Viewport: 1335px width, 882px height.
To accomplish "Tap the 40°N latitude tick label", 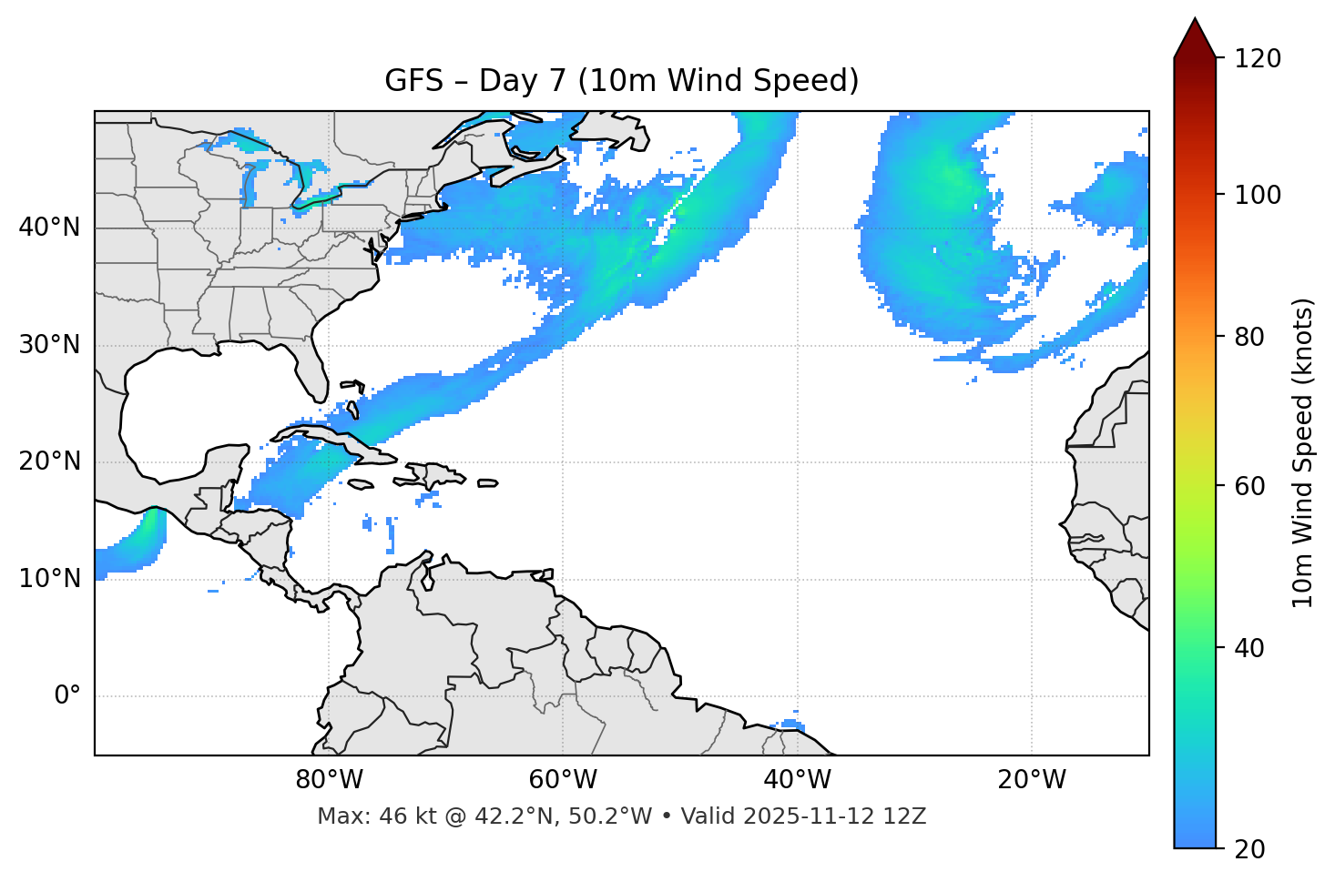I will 49,228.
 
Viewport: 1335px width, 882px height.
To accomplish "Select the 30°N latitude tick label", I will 49,345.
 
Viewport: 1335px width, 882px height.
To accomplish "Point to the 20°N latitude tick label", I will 49,461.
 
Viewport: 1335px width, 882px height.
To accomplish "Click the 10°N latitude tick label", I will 49,579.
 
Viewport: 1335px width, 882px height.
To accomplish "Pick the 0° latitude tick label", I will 67,696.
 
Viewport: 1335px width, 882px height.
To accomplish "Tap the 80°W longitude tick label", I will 329,780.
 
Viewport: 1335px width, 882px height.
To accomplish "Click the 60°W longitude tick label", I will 563,780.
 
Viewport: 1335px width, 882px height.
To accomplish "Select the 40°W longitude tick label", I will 797,780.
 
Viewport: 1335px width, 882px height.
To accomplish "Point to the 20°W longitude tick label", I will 1031,780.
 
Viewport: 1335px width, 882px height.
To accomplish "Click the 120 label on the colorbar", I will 1258,59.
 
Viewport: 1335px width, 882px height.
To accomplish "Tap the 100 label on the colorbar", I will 1258,195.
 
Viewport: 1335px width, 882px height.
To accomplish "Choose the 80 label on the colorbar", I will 1249,337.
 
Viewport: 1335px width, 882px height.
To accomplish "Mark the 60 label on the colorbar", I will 1249,486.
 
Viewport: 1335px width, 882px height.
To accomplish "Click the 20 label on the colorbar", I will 1249,849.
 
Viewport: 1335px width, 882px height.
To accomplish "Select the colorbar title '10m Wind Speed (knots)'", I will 1303,453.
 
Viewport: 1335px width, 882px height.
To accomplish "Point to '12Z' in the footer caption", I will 908,816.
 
